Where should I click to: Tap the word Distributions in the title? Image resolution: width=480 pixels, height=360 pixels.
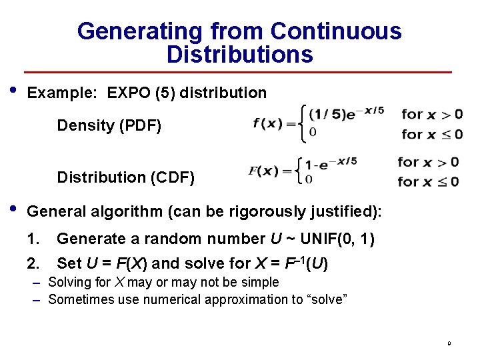(x=239, y=55)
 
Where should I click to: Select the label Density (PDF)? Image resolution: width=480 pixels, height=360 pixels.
(x=109, y=125)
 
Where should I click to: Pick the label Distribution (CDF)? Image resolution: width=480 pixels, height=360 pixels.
(x=126, y=177)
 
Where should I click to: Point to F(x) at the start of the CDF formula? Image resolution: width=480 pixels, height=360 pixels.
(x=264, y=171)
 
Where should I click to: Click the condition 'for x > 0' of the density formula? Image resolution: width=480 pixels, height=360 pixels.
(x=432, y=114)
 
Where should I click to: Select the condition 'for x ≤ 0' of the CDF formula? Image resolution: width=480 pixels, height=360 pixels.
(x=428, y=181)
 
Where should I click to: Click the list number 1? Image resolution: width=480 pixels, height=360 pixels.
(x=33, y=239)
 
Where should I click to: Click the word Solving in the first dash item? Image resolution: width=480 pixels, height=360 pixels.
(x=69, y=283)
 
